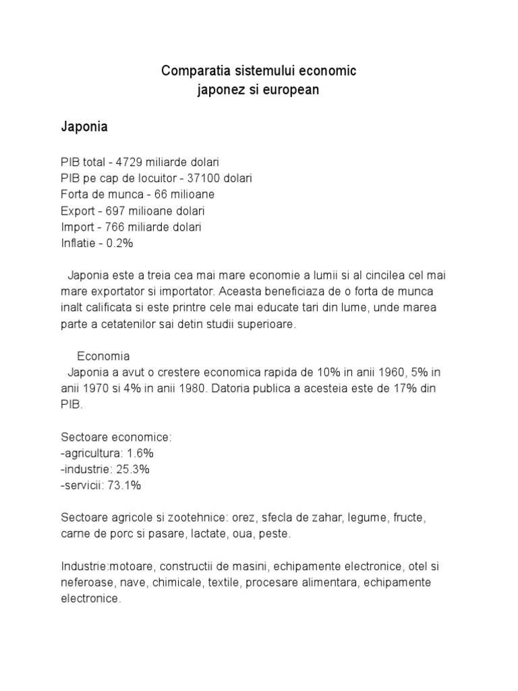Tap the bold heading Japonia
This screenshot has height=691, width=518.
(85, 127)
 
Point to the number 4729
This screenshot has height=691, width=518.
(129, 163)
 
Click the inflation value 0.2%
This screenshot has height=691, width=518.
(119, 244)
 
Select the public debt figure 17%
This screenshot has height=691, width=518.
(422, 389)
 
